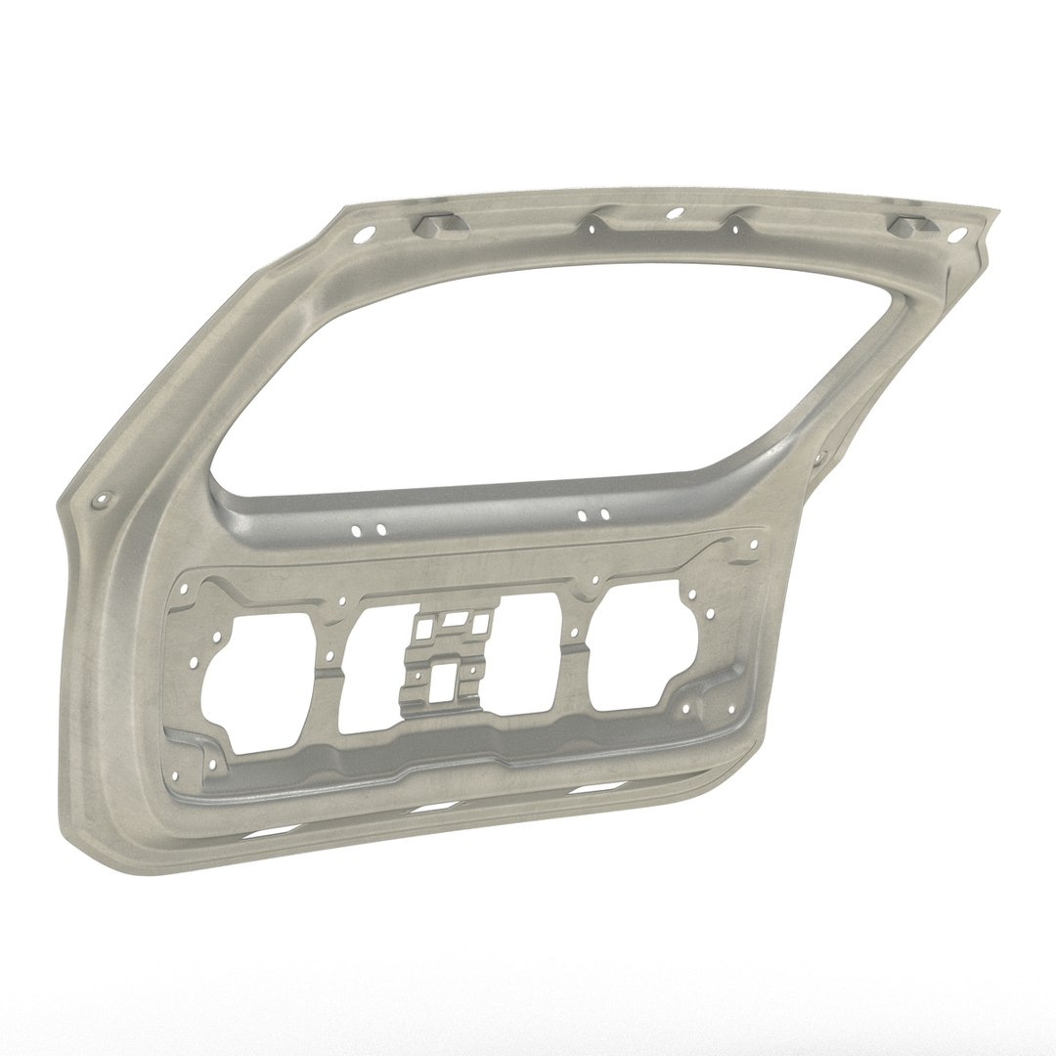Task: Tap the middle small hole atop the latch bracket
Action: (x=452, y=619)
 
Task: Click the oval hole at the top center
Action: (x=673, y=214)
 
